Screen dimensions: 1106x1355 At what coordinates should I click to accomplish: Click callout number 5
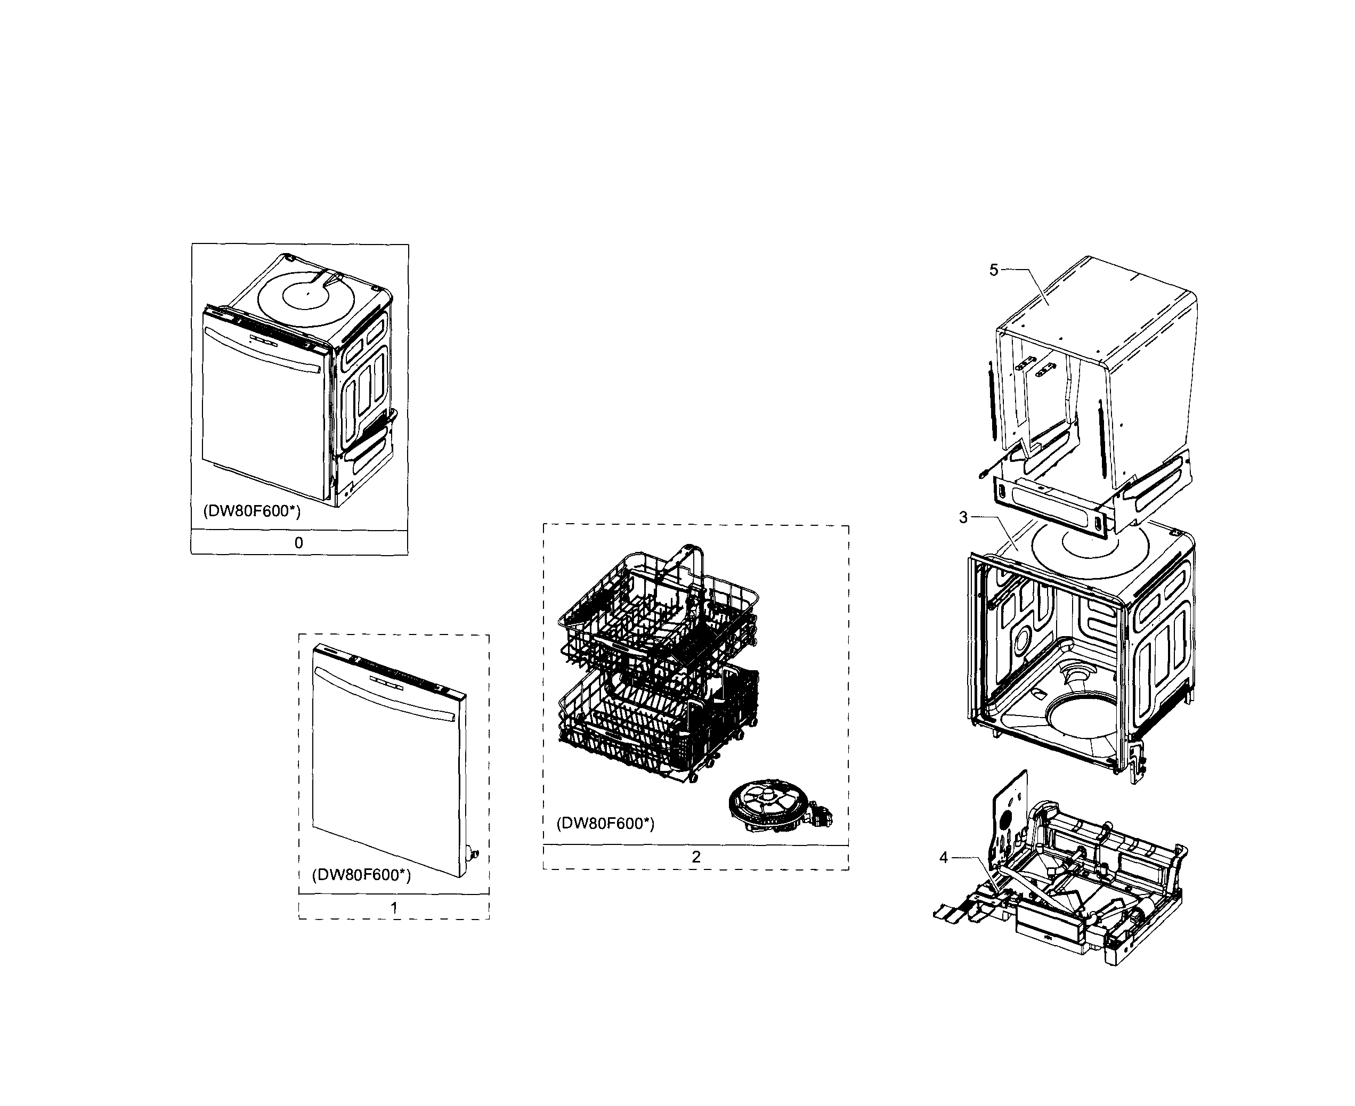[x=993, y=270]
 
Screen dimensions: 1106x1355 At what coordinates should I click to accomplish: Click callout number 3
[x=963, y=518]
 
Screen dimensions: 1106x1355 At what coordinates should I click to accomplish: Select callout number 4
[x=944, y=858]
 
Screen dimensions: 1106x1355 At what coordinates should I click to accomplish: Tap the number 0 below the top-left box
[x=298, y=543]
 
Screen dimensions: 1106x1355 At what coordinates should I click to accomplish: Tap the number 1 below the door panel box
[x=394, y=908]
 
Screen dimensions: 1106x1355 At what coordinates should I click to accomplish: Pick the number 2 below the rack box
[x=696, y=857]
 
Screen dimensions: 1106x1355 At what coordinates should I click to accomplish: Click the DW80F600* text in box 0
[x=251, y=511]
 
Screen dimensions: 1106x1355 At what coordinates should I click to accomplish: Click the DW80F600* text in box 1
[x=361, y=875]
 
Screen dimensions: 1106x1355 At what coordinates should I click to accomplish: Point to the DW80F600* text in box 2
[x=605, y=824]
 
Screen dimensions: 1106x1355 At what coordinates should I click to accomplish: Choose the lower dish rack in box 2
[x=656, y=720]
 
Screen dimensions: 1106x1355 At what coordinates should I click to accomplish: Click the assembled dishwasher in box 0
[x=296, y=383]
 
